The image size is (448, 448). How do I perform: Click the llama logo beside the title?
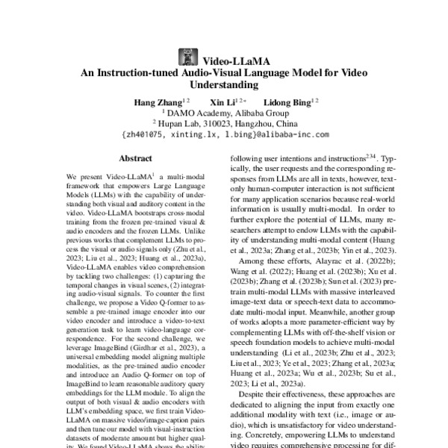tap(186, 57)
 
